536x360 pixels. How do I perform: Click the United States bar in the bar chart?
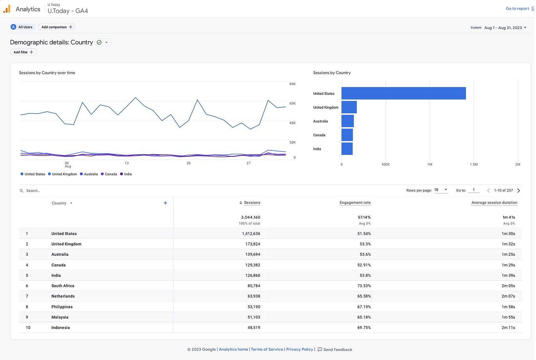[403, 94]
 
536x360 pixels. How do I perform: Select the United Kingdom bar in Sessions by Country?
[349, 107]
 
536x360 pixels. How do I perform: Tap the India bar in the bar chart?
[347, 149]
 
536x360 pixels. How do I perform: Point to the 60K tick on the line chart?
[292, 103]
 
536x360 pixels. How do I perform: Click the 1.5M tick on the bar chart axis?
[474, 164]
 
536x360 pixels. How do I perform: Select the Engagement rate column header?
[355, 203]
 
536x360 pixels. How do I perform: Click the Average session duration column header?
[494, 203]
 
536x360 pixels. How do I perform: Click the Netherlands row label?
[63, 296]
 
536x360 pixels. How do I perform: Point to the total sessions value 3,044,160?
[251, 217]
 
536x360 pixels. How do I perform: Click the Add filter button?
[23, 52]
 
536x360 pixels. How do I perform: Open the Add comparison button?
[57, 27]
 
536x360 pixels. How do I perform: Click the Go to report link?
[518, 9]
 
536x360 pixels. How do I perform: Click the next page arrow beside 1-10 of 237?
[519, 191]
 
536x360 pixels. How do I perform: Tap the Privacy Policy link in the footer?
[299, 349]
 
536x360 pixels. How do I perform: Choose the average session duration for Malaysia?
[508, 317]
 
